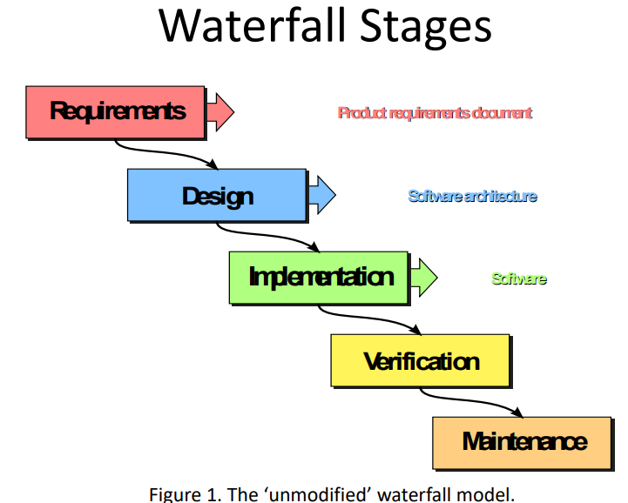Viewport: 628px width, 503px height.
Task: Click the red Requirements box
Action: coord(116,111)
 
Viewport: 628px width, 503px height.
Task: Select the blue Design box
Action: coord(217,195)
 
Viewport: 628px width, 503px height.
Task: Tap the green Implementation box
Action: coord(319,278)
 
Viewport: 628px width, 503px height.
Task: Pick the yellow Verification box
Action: coord(421,360)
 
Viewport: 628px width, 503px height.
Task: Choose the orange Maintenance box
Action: coord(523,441)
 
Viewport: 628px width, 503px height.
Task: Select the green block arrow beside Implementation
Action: coord(423,278)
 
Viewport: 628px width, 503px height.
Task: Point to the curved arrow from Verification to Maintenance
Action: coord(470,401)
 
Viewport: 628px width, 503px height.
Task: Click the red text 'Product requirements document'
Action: coord(435,113)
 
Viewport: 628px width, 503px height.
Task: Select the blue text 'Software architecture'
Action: coord(472,196)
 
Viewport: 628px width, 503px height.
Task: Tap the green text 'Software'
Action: coord(519,278)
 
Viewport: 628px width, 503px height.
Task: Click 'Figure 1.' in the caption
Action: coord(179,493)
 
